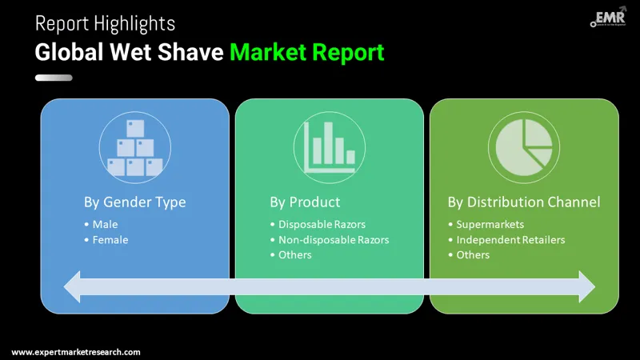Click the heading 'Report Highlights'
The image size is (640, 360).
coord(105,23)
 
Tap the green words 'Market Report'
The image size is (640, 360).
coord(307,53)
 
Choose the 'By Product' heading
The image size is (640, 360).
coord(305,202)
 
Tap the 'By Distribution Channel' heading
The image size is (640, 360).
coord(523,202)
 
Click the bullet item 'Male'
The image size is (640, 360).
coord(105,224)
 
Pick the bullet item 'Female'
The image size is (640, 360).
coord(110,239)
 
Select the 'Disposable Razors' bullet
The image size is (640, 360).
coord(322,224)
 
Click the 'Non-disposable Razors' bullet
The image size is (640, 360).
coord(333,239)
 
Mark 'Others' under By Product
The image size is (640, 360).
coord(294,254)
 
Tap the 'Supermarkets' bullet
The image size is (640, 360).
coord(490,224)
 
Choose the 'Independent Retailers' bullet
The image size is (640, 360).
coord(510,239)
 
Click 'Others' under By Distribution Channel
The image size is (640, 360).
coord(473,254)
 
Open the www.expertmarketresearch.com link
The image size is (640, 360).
coord(76,352)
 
